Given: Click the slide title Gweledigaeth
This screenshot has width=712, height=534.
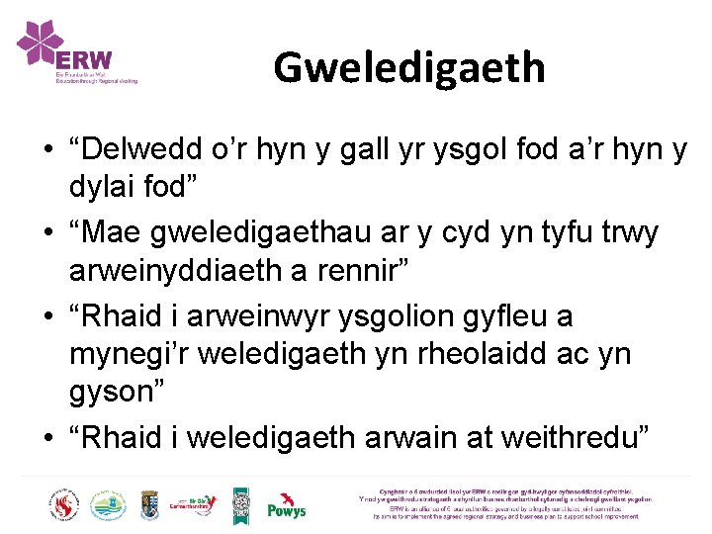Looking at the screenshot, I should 408,67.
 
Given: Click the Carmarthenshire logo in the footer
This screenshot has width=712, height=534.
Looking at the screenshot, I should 194,505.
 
